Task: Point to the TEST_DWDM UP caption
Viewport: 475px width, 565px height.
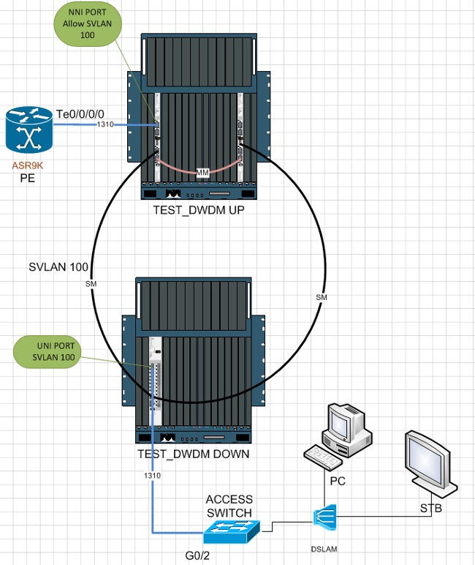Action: [x=198, y=210]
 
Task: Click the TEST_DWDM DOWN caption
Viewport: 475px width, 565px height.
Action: [x=194, y=454]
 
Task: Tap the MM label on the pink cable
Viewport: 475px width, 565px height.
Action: [x=202, y=173]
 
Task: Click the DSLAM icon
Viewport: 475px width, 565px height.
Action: [x=322, y=516]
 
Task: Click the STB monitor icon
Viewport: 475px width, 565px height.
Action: [x=431, y=460]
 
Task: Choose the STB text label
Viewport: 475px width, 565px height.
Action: [x=430, y=506]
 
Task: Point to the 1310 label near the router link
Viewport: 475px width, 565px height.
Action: [x=105, y=125]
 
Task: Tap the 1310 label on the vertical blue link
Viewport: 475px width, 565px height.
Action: [x=152, y=476]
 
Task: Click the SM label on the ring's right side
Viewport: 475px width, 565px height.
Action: [x=321, y=297]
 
